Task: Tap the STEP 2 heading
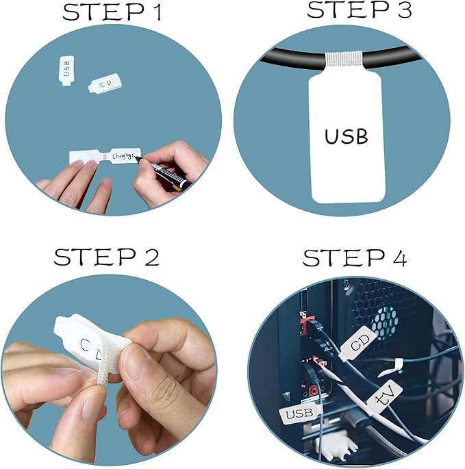point(107,257)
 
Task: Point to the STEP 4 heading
point(355,258)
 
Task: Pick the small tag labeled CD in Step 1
point(103,84)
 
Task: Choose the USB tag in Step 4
point(300,414)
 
